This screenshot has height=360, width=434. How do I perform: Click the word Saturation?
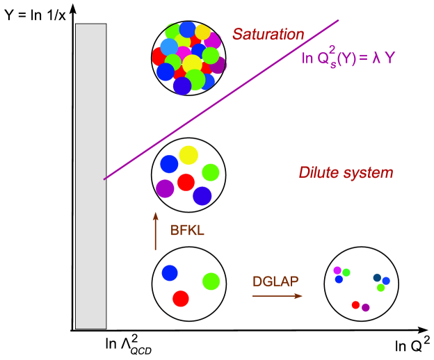(x=268, y=34)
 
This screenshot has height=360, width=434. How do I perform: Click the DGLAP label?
(x=275, y=281)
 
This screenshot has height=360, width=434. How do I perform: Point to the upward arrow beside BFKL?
(x=156, y=232)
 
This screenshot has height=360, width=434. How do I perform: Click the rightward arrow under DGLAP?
(x=277, y=296)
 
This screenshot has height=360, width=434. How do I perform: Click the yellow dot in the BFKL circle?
(x=188, y=155)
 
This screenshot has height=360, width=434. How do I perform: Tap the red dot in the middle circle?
(x=185, y=182)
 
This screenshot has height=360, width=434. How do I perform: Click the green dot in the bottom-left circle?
(x=211, y=281)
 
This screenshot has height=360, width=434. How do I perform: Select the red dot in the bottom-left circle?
(x=181, y=298)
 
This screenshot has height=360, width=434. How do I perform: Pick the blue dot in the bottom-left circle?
(x=170, y=272)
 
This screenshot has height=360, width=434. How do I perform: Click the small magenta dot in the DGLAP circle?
(x=337, y=270)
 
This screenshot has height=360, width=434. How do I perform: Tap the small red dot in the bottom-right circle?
(x=355, y=304)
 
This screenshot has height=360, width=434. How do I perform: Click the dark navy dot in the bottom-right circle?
(x=377, y=277)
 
